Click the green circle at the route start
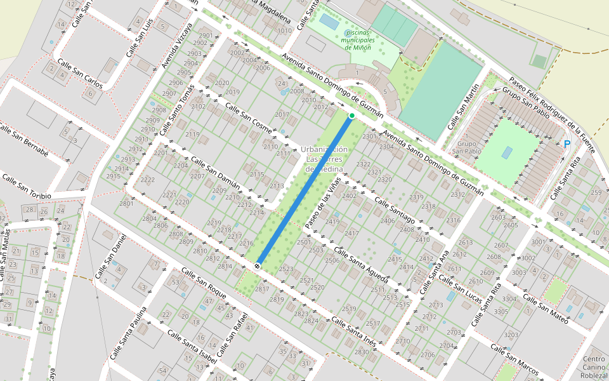point(351,116)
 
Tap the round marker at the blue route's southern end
point(258,265)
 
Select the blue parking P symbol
point(566,144)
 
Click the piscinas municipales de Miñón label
point(358,40)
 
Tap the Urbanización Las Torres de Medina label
point(324,159)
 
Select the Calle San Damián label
point(216,173)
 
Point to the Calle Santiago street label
point(394,210)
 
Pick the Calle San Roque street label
point(204,284)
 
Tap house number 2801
point(126,203)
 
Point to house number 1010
point(285,30)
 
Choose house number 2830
point(361,352)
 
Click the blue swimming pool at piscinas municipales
point(329,22)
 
